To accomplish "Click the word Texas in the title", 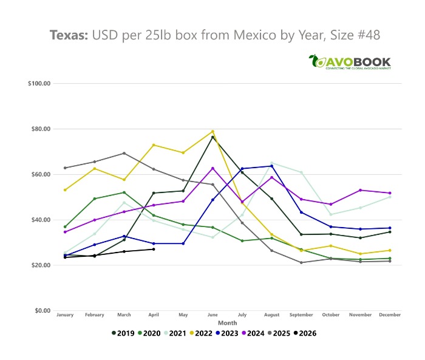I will (x=69, y=35).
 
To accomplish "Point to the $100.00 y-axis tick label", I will (x=39, y=83).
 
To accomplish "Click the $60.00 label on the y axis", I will (x=41, y=174).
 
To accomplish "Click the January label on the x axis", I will (x=65, y=315).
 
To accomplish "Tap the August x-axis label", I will (x=271, y=315).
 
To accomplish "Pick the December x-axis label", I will (x=389, y=315).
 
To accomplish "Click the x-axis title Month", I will (x=228, y=323).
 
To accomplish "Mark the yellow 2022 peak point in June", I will (x=212, y=132).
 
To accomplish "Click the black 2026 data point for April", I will (x=154, y=250).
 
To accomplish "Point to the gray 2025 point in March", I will (x=124, y=153).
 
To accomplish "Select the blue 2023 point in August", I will (x=271, y=166).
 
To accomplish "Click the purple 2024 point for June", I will (x=212, y=168).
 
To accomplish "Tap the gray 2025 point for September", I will (x=301, y=263).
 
